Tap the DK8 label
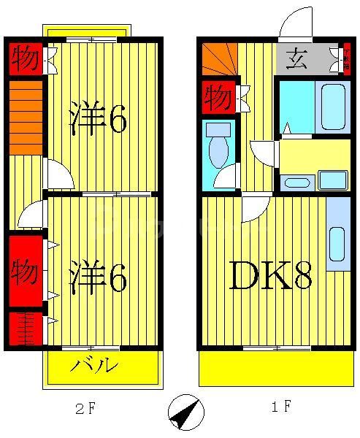tap(270, 276)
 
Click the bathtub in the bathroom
tap(333, 106)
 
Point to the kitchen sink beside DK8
tap(337, 244)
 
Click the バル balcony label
tap(95, 365)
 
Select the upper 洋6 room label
tap(99, 119)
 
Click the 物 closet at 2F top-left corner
tap(26, 59)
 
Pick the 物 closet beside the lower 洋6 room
tap(25, 272)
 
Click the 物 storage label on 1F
tap(218, 97)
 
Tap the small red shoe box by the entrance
tap(347, 58)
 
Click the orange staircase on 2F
tap(26, 117)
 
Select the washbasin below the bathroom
tap(298, 181)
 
